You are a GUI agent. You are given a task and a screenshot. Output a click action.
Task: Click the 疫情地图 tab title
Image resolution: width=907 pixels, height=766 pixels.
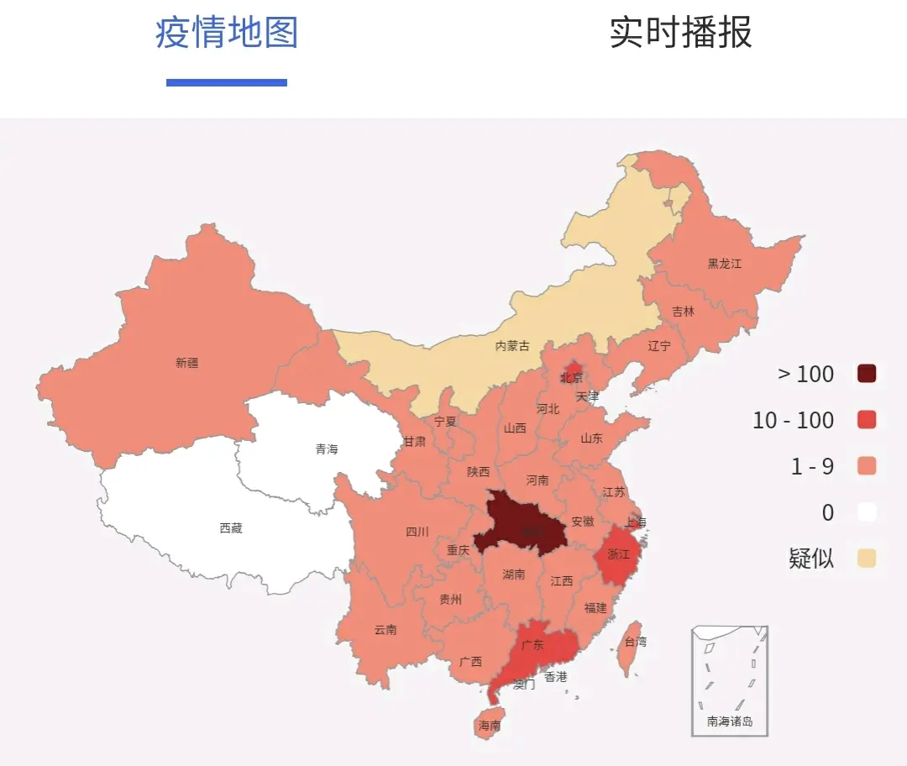(x=227, y=33)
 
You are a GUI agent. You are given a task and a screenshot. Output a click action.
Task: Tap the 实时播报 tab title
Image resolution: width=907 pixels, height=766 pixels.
(x=680, y=33)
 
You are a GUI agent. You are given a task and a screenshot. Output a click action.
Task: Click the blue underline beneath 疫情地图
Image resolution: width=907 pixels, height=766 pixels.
(x=227, y=82)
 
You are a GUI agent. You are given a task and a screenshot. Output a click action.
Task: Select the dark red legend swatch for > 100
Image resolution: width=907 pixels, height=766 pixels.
(x=867, y=374)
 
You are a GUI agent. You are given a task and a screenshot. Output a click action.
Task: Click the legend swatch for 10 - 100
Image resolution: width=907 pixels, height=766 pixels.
(x=867, y=420)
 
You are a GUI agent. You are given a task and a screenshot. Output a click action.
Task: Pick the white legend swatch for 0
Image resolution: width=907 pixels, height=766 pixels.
(x=867, y=512)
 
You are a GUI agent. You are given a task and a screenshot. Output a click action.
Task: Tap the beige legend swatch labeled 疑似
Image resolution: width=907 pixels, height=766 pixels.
(x=867, y=558)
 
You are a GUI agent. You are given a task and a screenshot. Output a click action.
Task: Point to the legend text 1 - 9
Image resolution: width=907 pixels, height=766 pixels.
(x=812, y=466)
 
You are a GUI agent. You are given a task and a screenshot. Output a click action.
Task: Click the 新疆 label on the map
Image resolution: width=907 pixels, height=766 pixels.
(x=187, y=363)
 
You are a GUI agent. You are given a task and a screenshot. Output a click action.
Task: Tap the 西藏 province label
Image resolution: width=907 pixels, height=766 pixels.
(x=231, y=528)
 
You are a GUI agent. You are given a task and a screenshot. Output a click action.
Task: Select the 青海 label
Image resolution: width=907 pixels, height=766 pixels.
(x=327, y=449)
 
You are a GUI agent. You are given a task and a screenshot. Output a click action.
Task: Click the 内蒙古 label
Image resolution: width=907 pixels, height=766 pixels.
(x=512, y=345)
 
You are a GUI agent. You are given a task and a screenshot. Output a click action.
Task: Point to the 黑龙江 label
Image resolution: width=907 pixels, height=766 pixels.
(x=724, y=263)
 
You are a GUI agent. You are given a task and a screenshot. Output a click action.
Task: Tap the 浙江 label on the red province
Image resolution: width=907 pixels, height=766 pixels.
(x=618, y=554)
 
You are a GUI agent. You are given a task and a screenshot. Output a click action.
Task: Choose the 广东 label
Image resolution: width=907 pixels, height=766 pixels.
(x=532, y=645)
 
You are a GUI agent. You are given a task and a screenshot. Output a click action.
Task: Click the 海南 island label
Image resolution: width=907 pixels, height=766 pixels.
(x=489, y=725)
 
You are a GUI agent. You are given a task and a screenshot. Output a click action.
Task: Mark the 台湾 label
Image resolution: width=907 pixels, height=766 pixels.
(x=636, y=642)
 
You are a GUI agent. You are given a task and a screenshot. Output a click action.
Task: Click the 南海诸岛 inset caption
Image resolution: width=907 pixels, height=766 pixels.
(x=729, y=721)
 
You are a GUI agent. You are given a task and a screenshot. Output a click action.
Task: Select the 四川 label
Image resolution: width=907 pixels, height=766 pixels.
(x=417, y=532)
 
